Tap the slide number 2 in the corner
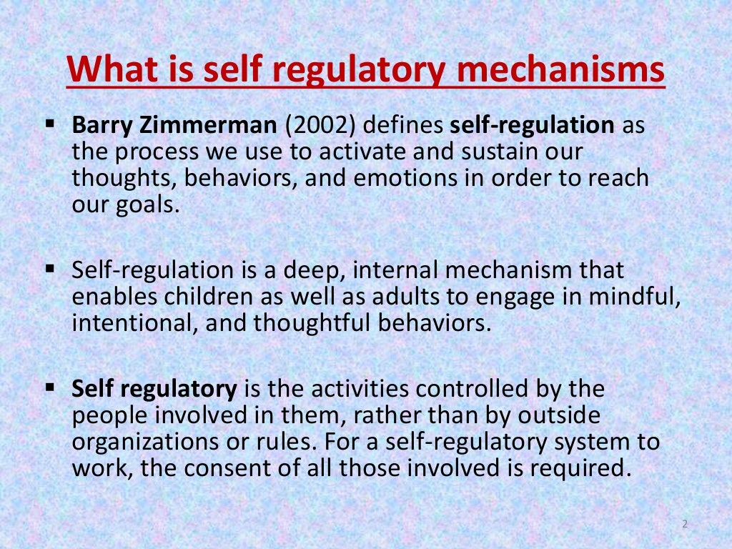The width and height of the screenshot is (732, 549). click(684, 525)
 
